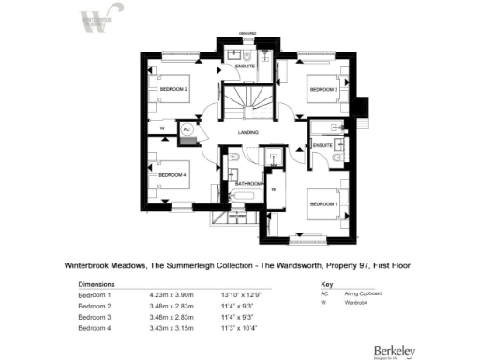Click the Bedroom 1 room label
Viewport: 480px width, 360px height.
[325, 202]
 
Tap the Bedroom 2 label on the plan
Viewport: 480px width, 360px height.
[173, 89]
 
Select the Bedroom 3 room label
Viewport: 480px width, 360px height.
[323, 89]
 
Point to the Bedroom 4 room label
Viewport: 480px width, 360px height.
[172, 175]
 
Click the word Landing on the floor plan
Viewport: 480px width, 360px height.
[248, 133]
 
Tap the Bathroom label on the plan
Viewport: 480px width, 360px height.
[248, 183]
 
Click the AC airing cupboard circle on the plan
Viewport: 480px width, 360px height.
[187, 128]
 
